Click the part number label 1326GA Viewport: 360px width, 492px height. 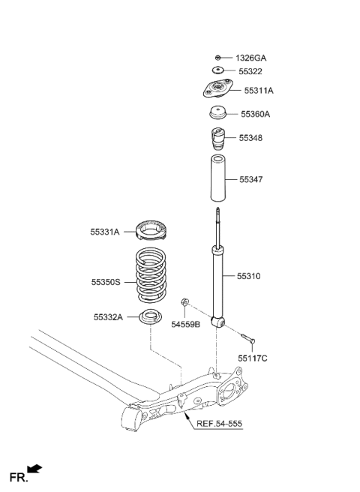tap(251, 58)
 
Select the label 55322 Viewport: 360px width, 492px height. tap(248, 71)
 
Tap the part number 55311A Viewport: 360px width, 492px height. tap(259, 91)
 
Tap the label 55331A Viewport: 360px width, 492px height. tap(106, 233)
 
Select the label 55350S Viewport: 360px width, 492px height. tap(106, 283)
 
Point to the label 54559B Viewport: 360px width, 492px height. tap(186, 324)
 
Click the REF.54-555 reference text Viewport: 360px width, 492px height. tap(219, 424)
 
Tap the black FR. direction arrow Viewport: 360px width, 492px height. tap(34, 469)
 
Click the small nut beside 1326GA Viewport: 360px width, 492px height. tap(217, 58)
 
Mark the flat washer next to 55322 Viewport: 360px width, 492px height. tap(217, 71)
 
